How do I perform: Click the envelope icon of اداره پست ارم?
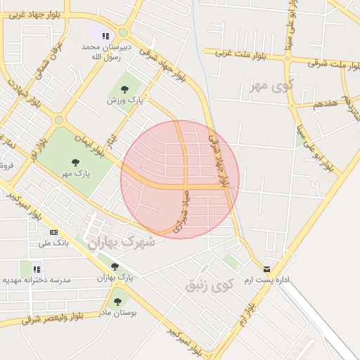[x=266, y=269]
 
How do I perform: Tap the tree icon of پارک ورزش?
[x=124, y=89]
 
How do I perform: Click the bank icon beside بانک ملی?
[x=54, y=233]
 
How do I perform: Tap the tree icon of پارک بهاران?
[x=115, y=266]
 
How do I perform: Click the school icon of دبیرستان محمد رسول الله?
[x=105, y=37]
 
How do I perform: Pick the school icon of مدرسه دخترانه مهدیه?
[x=37, y=268]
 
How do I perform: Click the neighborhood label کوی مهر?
[x=269, y=86]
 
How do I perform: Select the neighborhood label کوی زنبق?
[x=208, y=285]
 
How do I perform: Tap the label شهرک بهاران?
[x=121, y=241]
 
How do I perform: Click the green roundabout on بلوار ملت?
[x=288, y=59]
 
